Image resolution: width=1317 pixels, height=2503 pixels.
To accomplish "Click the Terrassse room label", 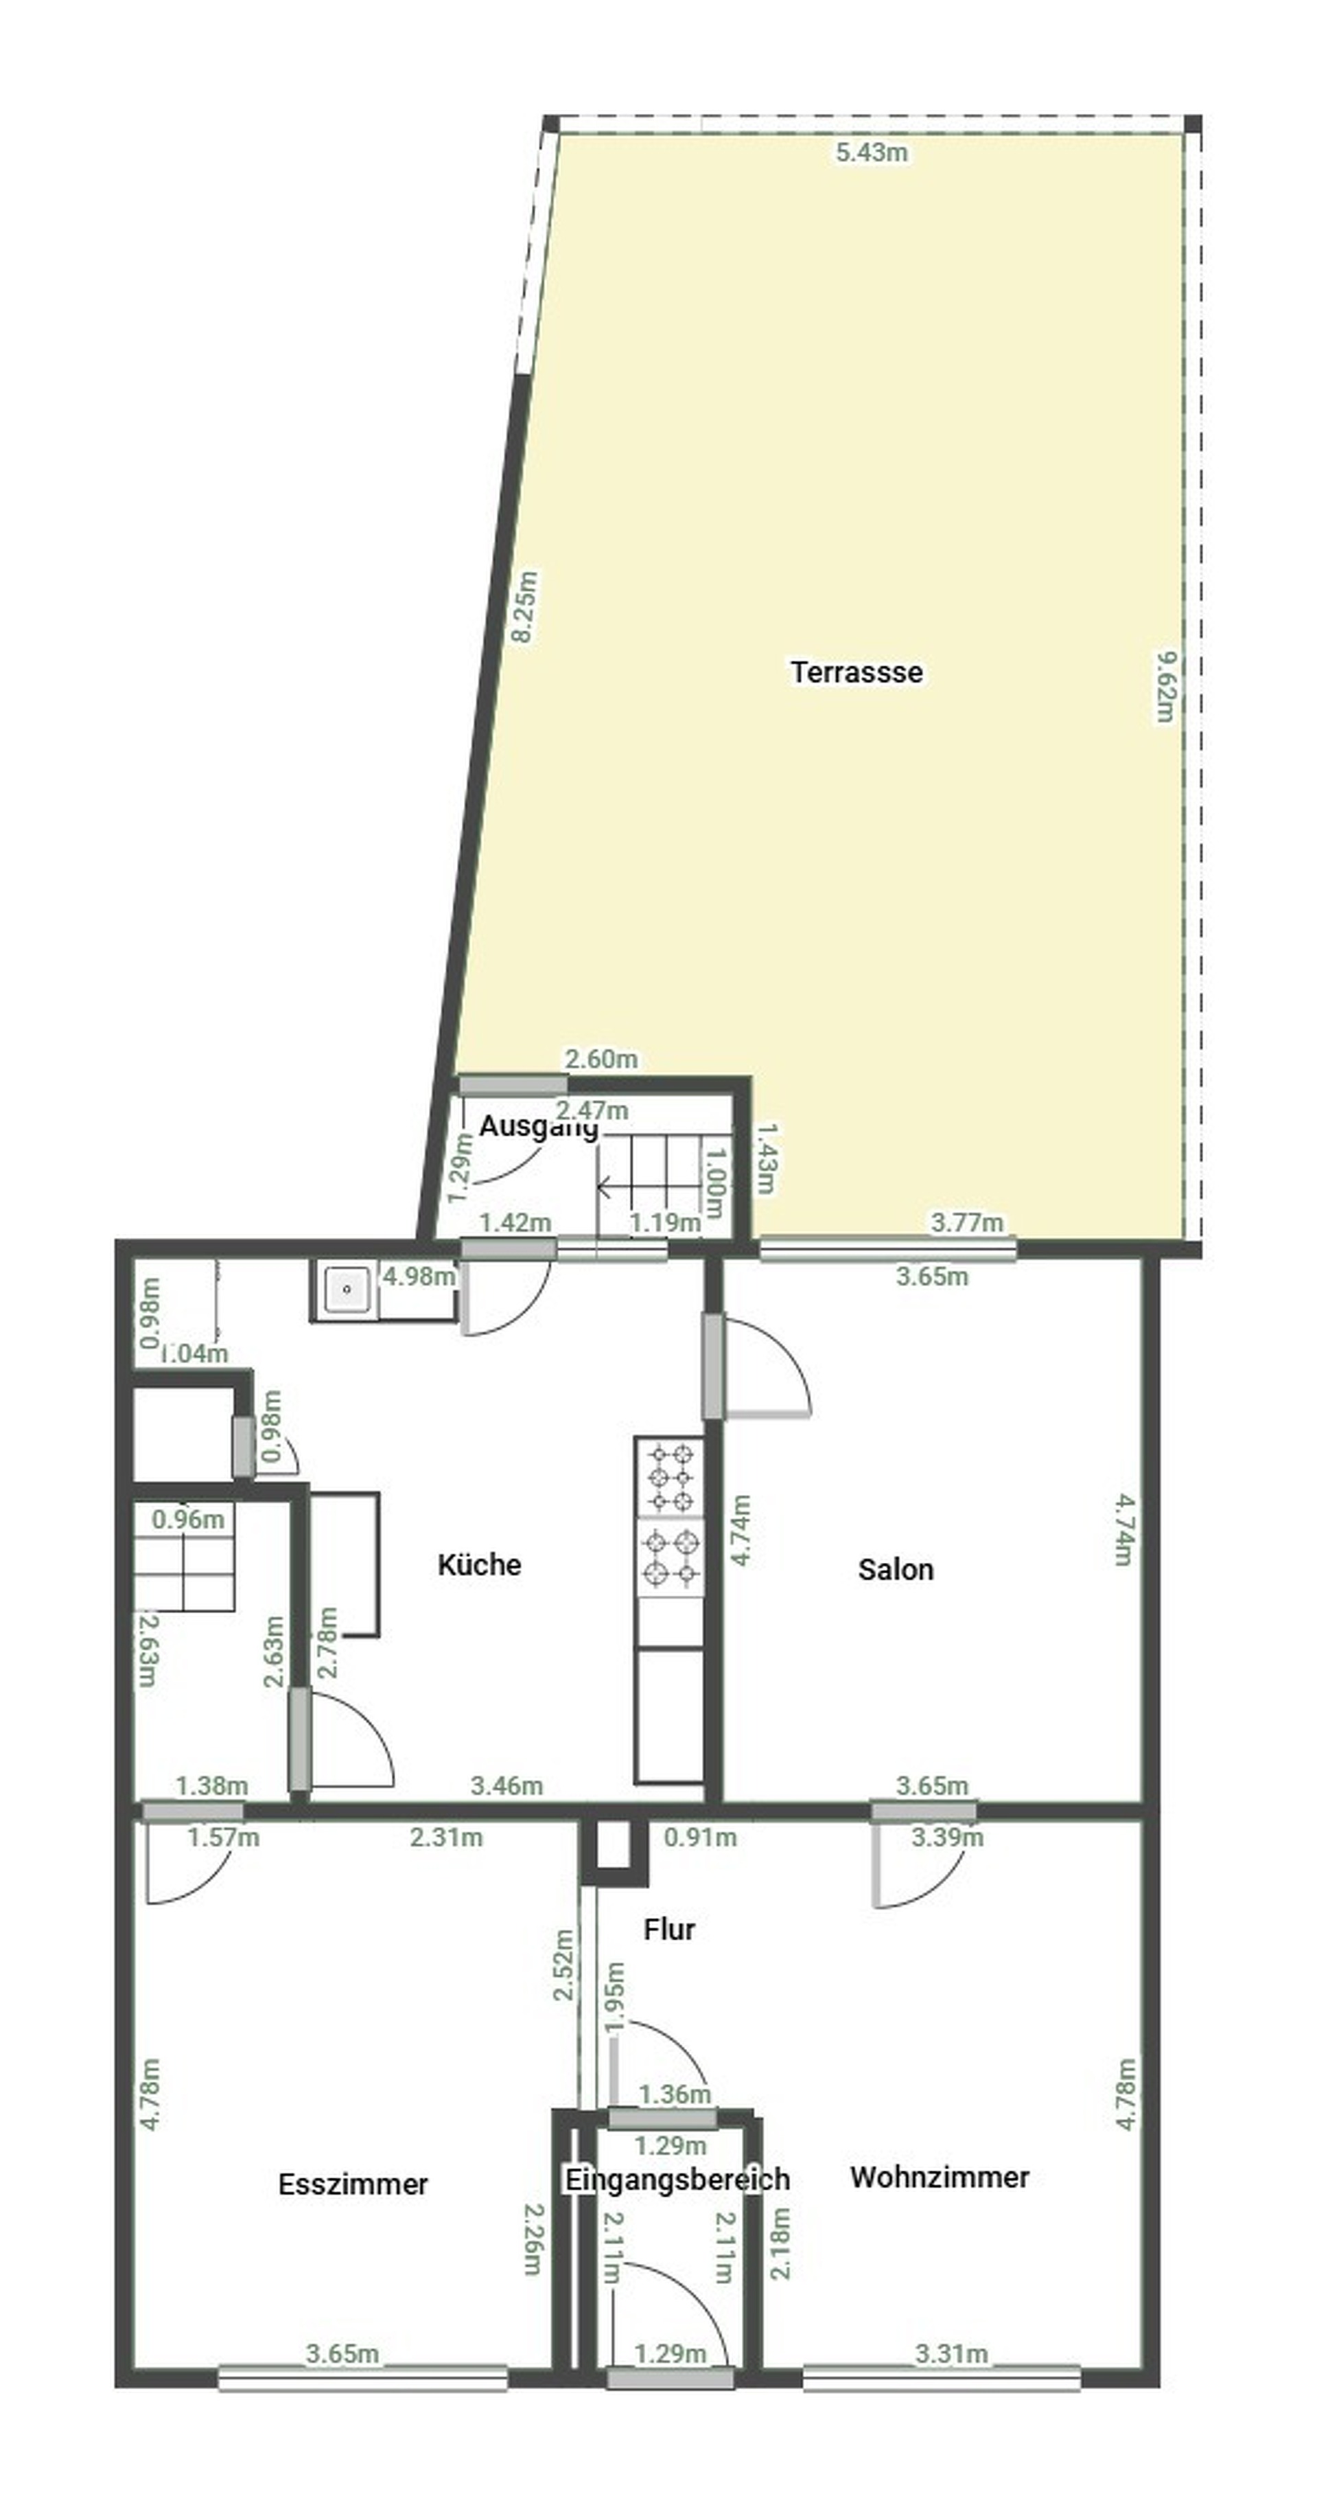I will pyautogui.click(x=856, y=672).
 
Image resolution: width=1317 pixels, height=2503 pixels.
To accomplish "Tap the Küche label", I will pyautogui.click(x=479, y=1564).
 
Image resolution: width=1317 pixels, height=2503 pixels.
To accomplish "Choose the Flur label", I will pyautogui.click(x=669, y=1929).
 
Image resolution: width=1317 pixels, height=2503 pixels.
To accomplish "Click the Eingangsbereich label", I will pyautogui.click(x=677, y=2180).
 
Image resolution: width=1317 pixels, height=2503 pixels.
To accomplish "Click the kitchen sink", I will pyautogui.click(x=347, y=1290).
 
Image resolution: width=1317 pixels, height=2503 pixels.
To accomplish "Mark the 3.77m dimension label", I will pyautogui.click(x=966, y=1222).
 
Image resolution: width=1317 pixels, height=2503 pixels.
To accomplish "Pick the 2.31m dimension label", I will pyautogui.click(x=446, y=1838).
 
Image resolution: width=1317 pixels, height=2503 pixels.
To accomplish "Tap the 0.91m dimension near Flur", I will pyautogui.click(x=699, y=1838).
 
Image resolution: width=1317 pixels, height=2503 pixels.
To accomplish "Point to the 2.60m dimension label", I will pyautogui.click(x=601, y=1059).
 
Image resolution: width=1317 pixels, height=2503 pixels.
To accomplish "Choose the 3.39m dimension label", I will pyautogui.click(x=947, y=1838).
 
